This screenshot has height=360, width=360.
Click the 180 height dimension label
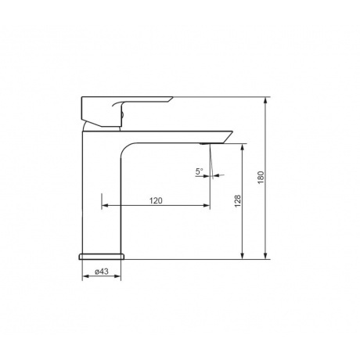click(x=261, y=178)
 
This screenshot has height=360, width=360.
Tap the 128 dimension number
click(x=238, y=201)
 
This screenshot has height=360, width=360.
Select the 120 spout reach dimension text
click(x=156, y=200)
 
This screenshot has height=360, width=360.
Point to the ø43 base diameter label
click(x=102, y=272)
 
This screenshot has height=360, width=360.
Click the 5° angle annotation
click(x=200, y=171)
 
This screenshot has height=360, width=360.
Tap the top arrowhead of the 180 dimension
click(x=265, y=100)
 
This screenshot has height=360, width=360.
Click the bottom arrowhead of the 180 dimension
click(x=265, y=256)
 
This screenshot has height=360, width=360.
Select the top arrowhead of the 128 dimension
click(x=243, y=147)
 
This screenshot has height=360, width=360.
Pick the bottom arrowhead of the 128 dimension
click(x=243, y=256)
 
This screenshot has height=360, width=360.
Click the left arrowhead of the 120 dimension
click(x=105, y=206)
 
